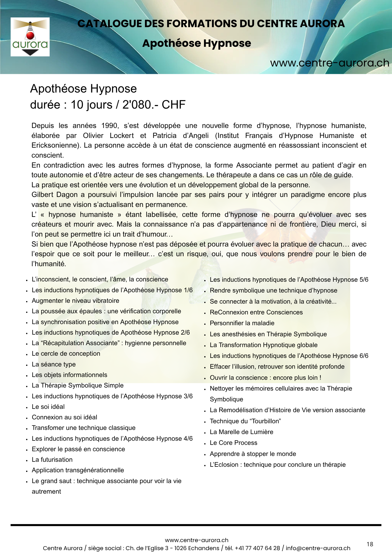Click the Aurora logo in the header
click(x=30, y=37)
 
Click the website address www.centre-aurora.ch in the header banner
click(x=330, y=63)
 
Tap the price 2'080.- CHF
click(x=154, y=105)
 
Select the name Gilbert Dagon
click(x=55, y=195)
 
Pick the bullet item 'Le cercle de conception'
click(x=66, y=354)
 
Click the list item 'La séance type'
click(x=54, y=365)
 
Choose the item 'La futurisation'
click(x=52, y=460)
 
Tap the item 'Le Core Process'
click(x=233, y=443)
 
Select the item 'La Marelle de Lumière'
click(x=241, y=432)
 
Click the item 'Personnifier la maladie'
click(x=242, y=323)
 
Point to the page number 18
click(x=370, y=544)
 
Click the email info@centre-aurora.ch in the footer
click(x=318, y=548)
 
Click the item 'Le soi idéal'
click(x=48, y=407)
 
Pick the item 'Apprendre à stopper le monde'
click(x=253, y=454)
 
